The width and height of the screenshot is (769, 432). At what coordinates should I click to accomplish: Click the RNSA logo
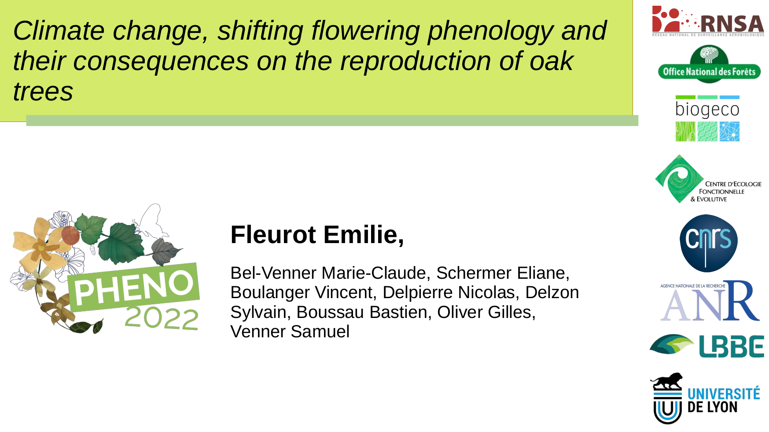click(x=708, y=21)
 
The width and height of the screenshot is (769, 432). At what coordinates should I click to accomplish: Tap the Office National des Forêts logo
click(x=709, y=65)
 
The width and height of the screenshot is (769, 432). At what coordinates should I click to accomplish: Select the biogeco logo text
click(x=707, y=110)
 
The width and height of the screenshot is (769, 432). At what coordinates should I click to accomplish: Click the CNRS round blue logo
click(x=708, y=243)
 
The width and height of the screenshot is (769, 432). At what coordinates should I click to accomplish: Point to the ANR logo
click(x=710, y=301)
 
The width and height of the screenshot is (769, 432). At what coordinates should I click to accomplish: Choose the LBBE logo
click(x=707, y=346)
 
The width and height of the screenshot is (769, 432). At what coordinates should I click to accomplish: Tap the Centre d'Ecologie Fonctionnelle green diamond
click(x=679, y=178)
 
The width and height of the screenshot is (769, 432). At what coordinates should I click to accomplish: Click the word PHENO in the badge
click(x=133, y=288)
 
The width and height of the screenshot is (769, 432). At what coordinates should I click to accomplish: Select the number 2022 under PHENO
click(x=162, y=318)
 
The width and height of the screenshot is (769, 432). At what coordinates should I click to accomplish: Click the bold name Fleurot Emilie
click(x=317, y=234)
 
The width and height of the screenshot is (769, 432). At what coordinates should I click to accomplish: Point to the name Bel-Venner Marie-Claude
click(x=328, y=273)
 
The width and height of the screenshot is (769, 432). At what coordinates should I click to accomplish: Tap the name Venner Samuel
click(x=290, y=332)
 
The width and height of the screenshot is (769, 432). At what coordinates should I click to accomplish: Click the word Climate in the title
click(x=59, y=31)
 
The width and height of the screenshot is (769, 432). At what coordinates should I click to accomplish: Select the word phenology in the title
click(x=490, y=31)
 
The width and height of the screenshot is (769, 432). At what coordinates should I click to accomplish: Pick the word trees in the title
click(x=43, y=92)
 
